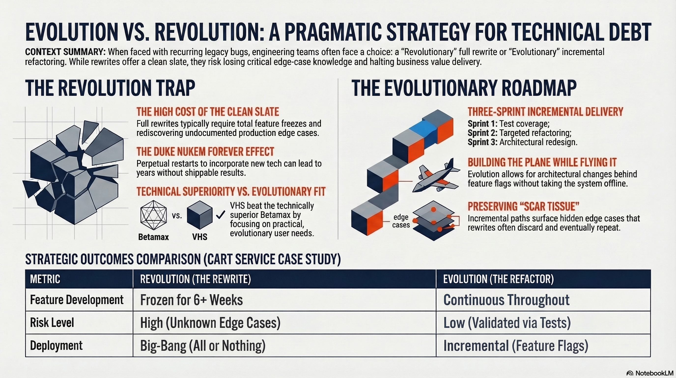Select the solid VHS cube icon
tap(199, 215)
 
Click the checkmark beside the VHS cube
tap(220, 215)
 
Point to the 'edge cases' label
tap(401, 221)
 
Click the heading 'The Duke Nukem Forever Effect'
tap(205, 152)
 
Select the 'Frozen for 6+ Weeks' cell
tap(191, 300)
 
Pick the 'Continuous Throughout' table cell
tap(506, 300)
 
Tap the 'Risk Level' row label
tap(52, 323)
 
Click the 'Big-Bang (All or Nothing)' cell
tap(203, 346)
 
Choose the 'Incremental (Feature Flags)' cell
tap(515, 346)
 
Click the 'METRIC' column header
tap(45, 279)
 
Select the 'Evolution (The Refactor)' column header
tap(498, 279)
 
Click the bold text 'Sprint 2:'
tap(482, 133)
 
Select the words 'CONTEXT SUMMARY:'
tap(65, 52)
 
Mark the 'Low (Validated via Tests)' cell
tap(507, 323)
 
